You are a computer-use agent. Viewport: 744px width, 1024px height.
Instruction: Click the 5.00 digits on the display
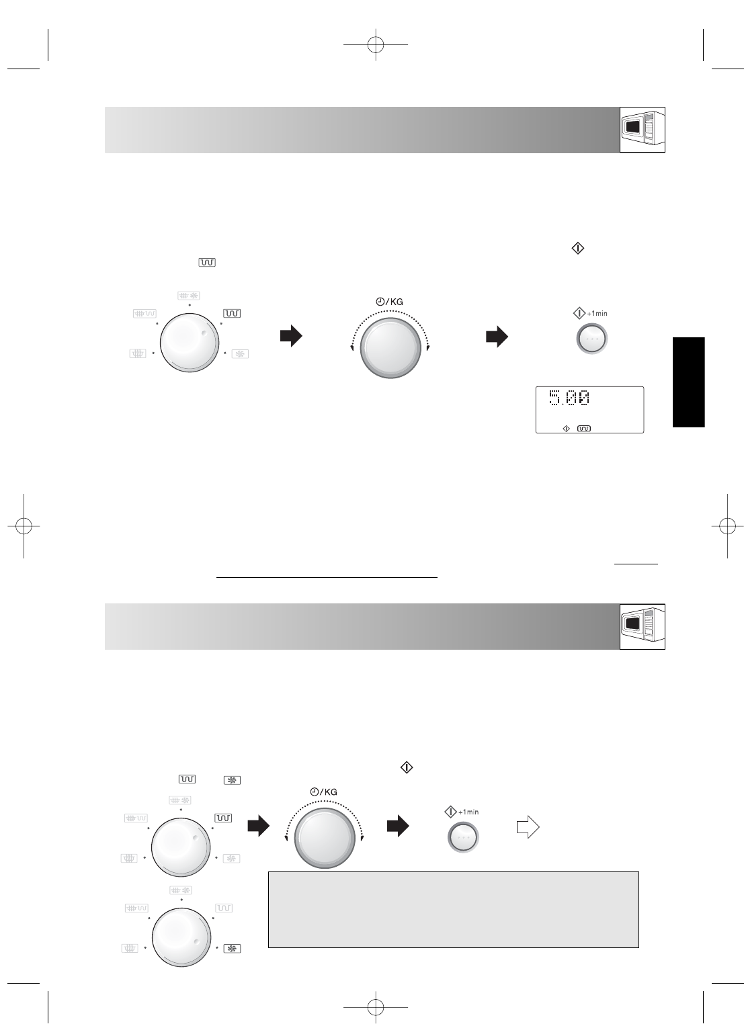pyautogui.click(x=569, y=397)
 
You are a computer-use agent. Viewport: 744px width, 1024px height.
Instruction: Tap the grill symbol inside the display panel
pyautogui.click(x=584, y=428)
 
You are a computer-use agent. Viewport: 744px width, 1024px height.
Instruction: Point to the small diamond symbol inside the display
pyautogui.click(x=566, y=428)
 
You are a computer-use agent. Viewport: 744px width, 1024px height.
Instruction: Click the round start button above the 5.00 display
pyautogui.click(x=591, y=339)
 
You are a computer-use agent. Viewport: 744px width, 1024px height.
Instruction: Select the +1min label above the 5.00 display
pyautogui.click(x=597, y=313)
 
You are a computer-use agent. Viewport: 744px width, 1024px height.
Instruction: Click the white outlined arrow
pyautogui.click(x=528, y=827)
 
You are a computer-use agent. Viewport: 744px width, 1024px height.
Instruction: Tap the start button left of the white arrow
pyautogui.click(x=463, y=837)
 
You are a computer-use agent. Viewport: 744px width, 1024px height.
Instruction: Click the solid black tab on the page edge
pyautogui.click(x=688, y=382)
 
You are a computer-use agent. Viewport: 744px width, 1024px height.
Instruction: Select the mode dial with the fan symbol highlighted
pyautogui.click(x=181, y=937)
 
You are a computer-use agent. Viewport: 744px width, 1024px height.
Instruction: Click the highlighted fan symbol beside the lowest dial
pyautogui.click(x=232, y=949)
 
